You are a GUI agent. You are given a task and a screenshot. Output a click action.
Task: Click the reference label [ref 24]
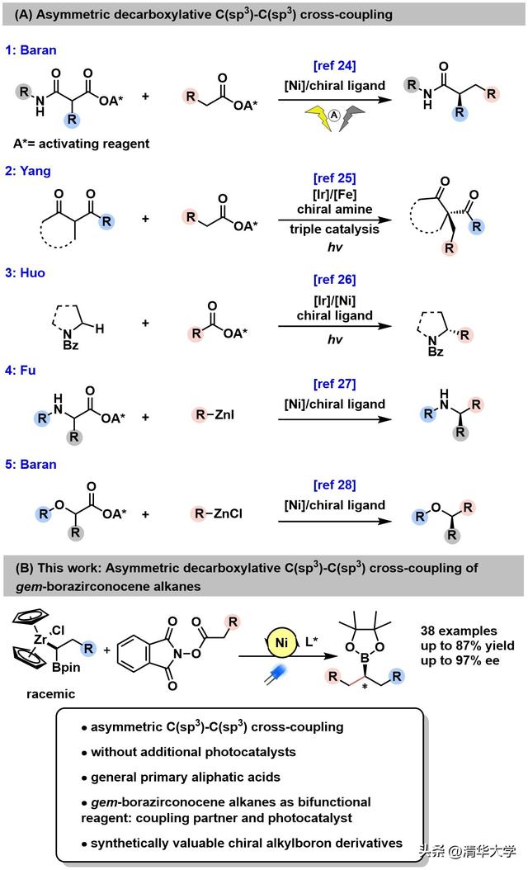(x=334, y=65)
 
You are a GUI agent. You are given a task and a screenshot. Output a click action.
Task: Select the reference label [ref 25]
(x=334, y=178)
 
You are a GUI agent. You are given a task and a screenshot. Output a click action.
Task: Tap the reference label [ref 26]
(x=334, y=280)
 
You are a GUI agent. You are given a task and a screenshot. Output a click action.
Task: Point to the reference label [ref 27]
(x=334, y=384)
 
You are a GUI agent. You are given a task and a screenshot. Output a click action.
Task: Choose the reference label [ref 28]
(x=334, y=485)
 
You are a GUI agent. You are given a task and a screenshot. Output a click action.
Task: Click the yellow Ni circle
(x=282, y=643)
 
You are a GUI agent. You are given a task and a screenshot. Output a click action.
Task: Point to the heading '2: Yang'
(x=28, y=171)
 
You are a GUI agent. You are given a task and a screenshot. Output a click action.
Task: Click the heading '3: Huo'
(x=25, y=273)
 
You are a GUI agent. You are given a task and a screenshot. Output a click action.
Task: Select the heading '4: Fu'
(x=21, y=370)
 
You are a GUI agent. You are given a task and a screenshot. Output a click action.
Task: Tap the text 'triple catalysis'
(x=334, y=229)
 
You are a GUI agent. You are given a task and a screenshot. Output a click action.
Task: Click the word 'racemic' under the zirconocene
(x=50, y=694)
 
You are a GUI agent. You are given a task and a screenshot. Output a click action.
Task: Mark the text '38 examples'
(x=459, y=631)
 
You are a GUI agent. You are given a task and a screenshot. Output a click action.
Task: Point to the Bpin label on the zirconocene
(x=66, y=668)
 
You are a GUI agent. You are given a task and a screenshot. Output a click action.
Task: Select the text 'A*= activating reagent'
(x=82, y=144)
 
